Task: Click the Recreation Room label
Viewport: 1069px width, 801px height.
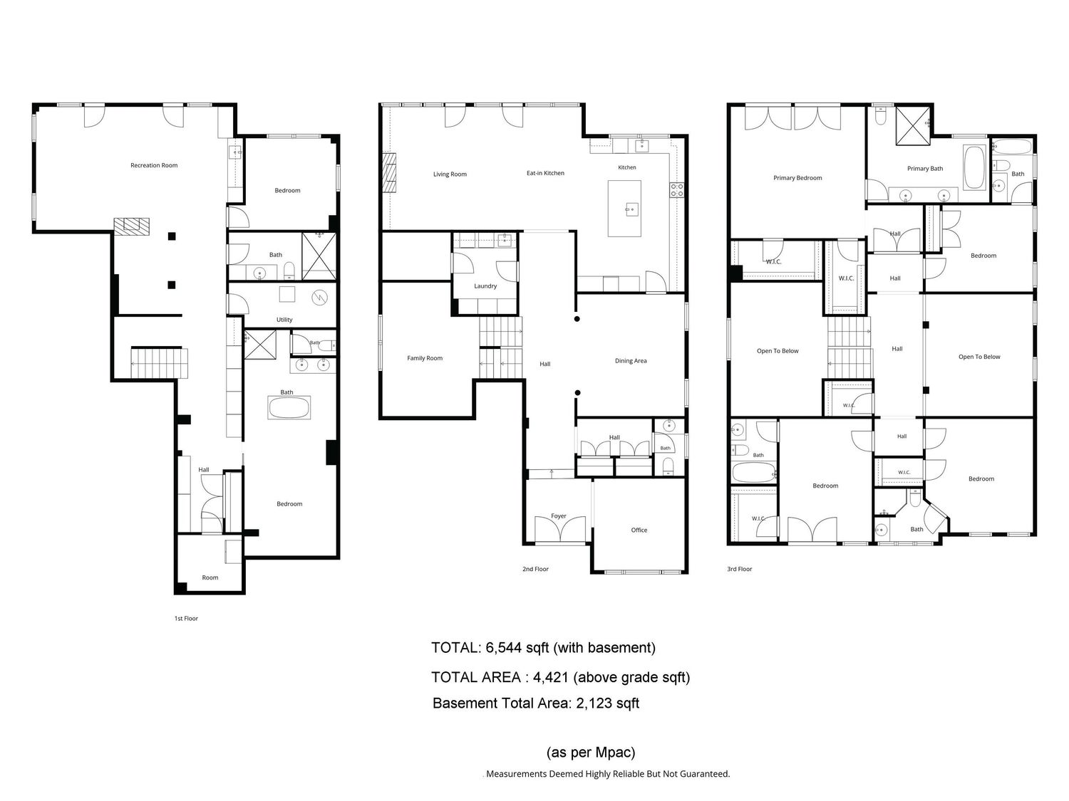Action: click(154, 165)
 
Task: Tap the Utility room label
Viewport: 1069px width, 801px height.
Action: click(284, 320)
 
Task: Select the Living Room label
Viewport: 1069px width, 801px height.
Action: click(450, 174)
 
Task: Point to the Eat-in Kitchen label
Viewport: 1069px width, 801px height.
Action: click(545, 173)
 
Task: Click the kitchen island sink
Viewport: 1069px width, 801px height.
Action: click(631, 209)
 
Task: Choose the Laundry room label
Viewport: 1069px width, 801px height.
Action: click(485, 286)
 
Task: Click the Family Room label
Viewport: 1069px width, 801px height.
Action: click(425, 358)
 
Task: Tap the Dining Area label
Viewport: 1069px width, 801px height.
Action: click(630, 361)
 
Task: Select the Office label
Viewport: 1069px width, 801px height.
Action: click(639, 530)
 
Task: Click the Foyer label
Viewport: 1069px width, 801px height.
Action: click(558, 516)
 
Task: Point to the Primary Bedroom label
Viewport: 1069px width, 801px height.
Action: click(797, 178)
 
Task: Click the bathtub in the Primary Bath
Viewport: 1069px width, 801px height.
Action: click(974, 167)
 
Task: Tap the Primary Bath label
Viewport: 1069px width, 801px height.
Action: click(924, 169)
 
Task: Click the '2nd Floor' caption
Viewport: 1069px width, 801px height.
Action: click(535, 569)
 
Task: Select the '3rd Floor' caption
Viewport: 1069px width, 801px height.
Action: click(739, 569)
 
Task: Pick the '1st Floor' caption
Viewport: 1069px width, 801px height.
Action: click(186, 619)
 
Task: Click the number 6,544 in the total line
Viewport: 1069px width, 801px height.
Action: click(504, 649)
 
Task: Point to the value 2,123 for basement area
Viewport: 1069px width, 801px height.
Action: click(594, 703)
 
